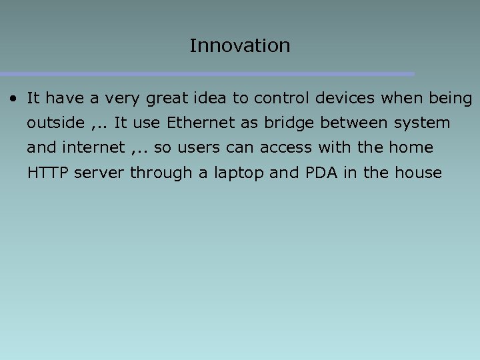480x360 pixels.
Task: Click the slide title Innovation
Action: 239,45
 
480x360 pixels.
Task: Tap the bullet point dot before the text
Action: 13,99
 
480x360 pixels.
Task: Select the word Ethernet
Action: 197,123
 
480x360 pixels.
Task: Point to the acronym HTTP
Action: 48,173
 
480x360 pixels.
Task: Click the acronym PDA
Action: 321,173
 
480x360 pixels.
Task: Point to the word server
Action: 99,173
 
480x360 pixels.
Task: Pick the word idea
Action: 211,99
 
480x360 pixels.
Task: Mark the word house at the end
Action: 418,173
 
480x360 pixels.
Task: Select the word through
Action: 161,173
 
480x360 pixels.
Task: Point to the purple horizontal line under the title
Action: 207,74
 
